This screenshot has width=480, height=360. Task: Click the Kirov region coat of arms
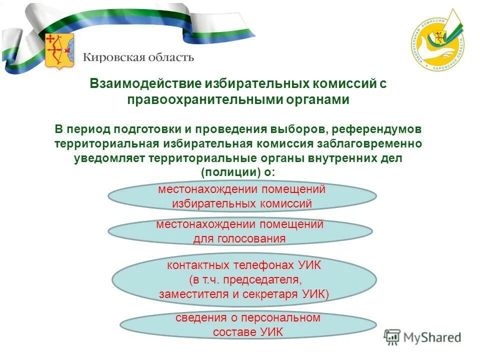click(x=56, y=51)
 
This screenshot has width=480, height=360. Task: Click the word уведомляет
click(x=104, y=158)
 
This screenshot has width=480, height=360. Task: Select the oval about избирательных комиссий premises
click(x=242, y=196)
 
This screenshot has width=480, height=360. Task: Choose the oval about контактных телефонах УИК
click(x=243, y=279)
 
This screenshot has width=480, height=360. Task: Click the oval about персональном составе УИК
click(x=248, y=325)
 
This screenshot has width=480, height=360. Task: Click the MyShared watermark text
click(x=432, y=337)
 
